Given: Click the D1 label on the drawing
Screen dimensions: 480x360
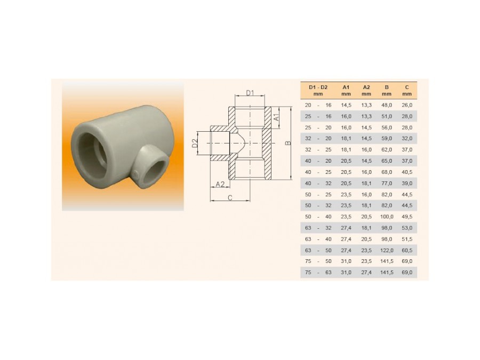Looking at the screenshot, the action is pos(250,92).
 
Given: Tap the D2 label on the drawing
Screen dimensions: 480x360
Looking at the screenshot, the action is pos(195,143).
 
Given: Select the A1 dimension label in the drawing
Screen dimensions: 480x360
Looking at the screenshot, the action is pos(276,117).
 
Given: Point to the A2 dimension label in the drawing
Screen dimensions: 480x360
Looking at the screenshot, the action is pos(220,184).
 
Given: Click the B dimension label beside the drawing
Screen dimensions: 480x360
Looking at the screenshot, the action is pos(287,143).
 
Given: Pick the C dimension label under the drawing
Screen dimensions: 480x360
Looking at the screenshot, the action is pos(230,198).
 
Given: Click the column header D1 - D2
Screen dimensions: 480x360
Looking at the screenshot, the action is pos(318,87).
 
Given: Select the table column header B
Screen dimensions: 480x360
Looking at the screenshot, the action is pos(387,87).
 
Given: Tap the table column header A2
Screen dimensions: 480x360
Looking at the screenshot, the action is pos(366,87).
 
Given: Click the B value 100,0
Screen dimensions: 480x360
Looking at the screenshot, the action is pos(387,217).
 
